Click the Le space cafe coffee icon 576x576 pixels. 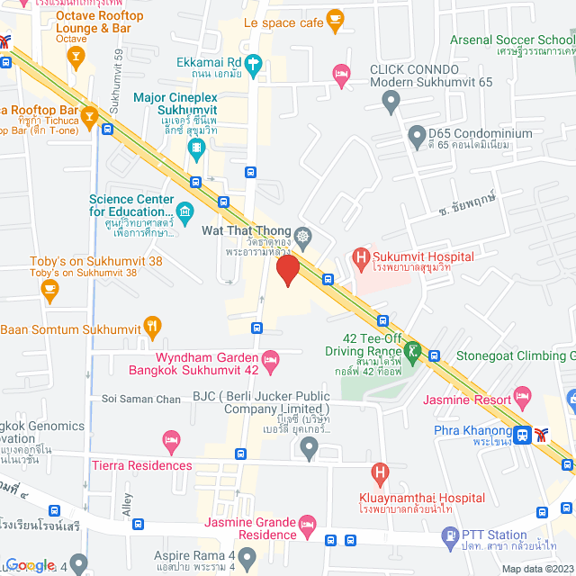coord(335,18)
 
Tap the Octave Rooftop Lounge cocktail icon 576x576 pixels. coord(77,59)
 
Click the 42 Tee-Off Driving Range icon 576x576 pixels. coord(413,350)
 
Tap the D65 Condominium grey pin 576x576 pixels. coord(416,138)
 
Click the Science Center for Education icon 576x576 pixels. coord(185,212)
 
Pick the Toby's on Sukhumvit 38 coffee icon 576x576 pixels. coord(49,290)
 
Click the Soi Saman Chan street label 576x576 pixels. coord(141,399)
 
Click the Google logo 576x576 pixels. coord(29,564)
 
